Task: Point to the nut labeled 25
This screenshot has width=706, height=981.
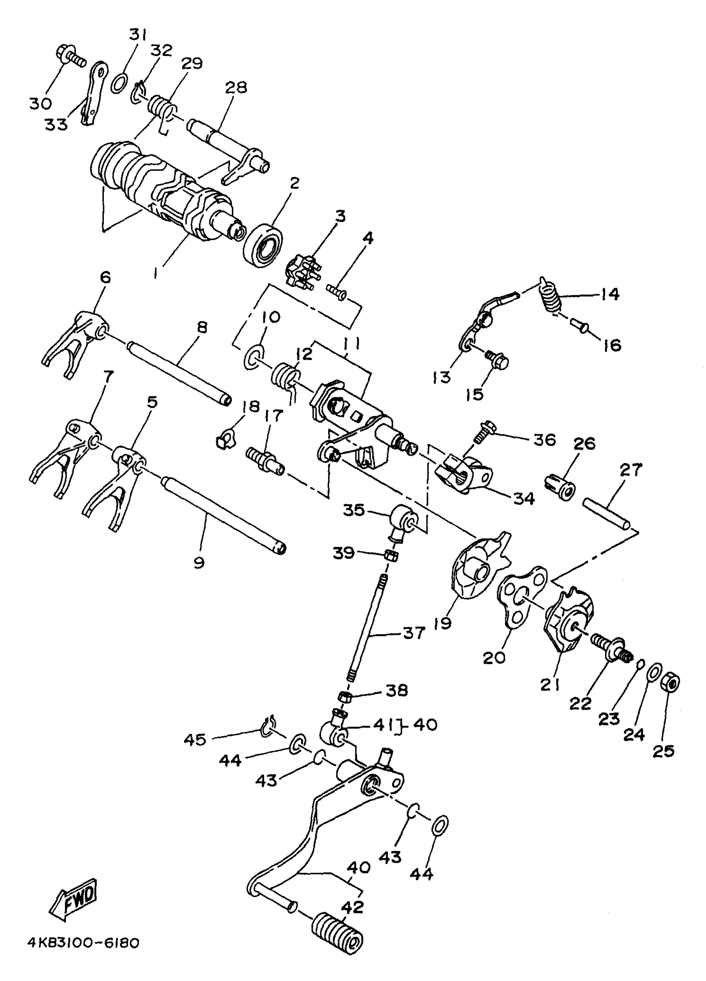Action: [x=670, y=683]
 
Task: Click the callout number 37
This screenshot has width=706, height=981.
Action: [x=414, y=633]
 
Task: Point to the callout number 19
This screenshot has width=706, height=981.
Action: [x=443, y=623]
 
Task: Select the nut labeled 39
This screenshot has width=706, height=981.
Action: [x=391, y=556]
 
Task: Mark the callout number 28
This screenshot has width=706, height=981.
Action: [x=236, y=87]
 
